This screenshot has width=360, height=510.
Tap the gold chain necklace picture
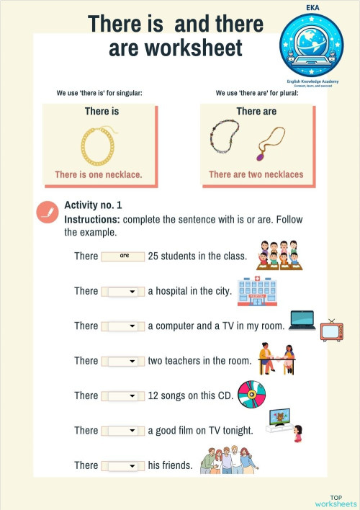pyautogui.click(x=99, y=144)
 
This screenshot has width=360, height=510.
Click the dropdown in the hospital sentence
pyautogui.click(x=120, y=291)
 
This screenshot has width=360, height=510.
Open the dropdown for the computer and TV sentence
pyautogui.click(x=120, y=326)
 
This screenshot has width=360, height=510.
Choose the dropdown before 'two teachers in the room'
pyautogui.click(x=120, y=361)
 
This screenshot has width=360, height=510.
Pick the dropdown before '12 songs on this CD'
pyautogui.click(x=120, y=395)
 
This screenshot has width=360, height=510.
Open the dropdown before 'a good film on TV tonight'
pyautogui.click(x=120, y=431)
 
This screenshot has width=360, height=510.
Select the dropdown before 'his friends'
pyautogui.click(x=120, y=465)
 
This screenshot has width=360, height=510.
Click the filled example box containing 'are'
pyautogui.click(x=123, y=256)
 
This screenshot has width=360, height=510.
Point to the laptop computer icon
pyautogui.click(x=302, y=321)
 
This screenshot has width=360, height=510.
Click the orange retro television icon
pyautogui.click(x=331, y=330)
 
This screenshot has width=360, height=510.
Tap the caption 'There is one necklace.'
pyautogui.click(x=99, y=174)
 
